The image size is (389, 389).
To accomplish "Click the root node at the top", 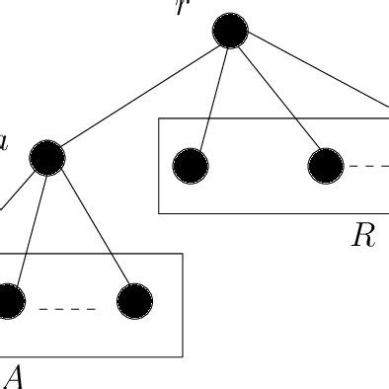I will coord(229,33).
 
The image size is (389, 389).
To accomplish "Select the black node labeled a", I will coord(46,156).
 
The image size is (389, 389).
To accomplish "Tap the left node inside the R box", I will coord(191,166).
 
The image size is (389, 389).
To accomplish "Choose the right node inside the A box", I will coord(134,302).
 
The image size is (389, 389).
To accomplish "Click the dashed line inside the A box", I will coord(67,309).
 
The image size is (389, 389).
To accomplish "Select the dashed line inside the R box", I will coord(371,166).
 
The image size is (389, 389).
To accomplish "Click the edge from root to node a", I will coord(138,94).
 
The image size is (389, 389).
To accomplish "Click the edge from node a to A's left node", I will coord(28,227).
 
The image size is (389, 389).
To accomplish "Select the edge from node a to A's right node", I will coord(90,228).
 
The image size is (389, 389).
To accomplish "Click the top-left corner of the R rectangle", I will coord(160,119).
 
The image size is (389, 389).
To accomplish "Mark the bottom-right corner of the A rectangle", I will coord(183,355).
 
